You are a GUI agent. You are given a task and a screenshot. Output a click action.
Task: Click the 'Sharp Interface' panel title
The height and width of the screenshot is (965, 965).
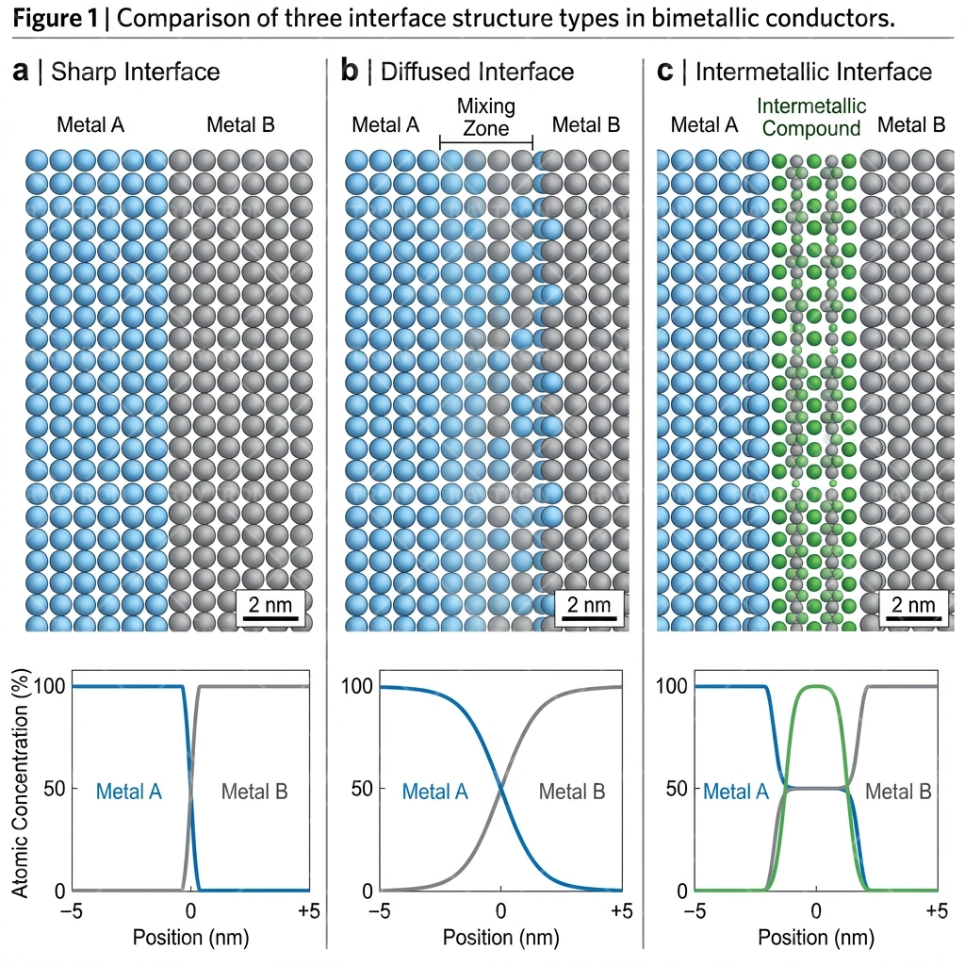[x=135, y=72]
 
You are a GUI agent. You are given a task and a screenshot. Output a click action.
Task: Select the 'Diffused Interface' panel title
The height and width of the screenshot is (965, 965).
[x=477, y=72]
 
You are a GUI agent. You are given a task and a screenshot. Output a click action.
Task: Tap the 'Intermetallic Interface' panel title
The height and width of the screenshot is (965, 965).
[x=812, y=72]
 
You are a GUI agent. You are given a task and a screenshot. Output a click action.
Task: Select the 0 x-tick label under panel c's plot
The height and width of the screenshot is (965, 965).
[x=816, y=911]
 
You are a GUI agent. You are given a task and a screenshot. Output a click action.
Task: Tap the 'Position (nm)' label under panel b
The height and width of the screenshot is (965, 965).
[x=499, y=938]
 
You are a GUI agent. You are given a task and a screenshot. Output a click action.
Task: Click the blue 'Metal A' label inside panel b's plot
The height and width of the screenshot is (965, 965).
[x=434, y=792]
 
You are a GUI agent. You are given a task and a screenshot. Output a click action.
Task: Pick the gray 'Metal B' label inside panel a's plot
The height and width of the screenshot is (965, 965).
[x=254, y=792]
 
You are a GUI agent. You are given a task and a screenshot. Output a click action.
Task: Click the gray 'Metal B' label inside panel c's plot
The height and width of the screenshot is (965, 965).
[x=898, y=792]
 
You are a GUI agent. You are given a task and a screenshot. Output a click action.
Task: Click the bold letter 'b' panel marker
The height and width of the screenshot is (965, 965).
[x=349, y=72]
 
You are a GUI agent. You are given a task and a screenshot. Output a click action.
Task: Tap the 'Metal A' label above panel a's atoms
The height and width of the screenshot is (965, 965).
[x=90, y=124]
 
